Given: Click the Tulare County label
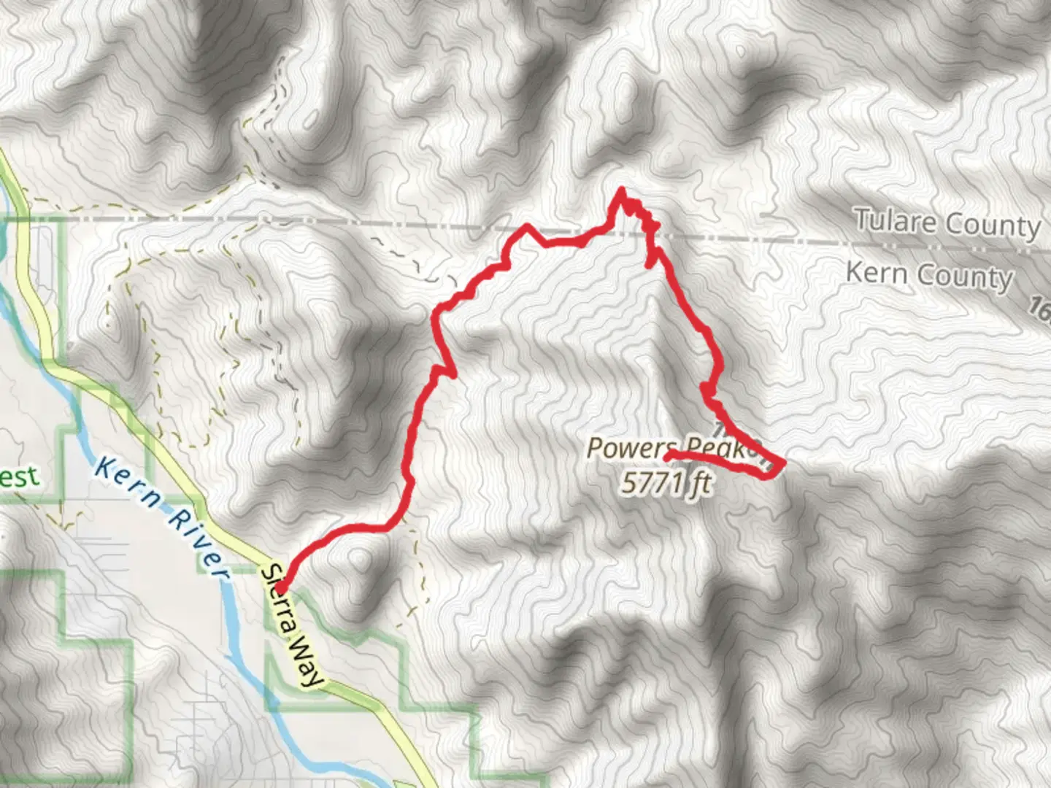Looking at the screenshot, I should [x=947, y=223].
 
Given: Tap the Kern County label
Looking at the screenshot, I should [x=929, y=275].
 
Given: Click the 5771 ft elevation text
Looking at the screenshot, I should [x=666, y=482].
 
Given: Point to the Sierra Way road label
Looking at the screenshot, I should [x=291, y=626].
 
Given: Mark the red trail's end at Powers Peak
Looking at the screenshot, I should [x=668, y=457].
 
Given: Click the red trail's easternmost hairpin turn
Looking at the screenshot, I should [x=782, y=463].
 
